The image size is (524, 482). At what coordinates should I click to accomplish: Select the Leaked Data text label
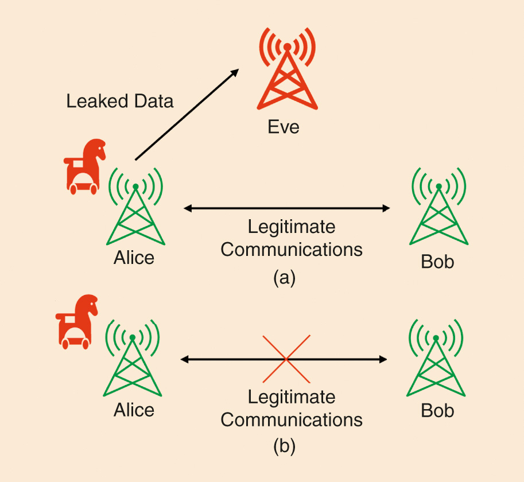click(x=119, y=102)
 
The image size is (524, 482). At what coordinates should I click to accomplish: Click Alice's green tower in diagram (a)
click(x=135, y=212)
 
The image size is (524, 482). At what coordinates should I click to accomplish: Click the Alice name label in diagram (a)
click(x=134, y=258)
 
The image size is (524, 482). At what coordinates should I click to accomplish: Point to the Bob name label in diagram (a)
click(x=437, y=262)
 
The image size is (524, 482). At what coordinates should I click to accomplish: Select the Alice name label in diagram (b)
click(x=134, y=410)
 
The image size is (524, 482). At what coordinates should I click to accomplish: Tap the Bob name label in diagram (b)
click(x=437, y=411)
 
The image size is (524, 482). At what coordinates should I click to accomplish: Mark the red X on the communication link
click(x=286, y=359)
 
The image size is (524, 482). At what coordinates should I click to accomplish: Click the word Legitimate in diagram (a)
click(x=292, y=227)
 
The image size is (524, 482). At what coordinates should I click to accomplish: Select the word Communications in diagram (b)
click(x=292, y=419)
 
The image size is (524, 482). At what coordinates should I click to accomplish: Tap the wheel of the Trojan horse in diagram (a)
click(x=75, y=188)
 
